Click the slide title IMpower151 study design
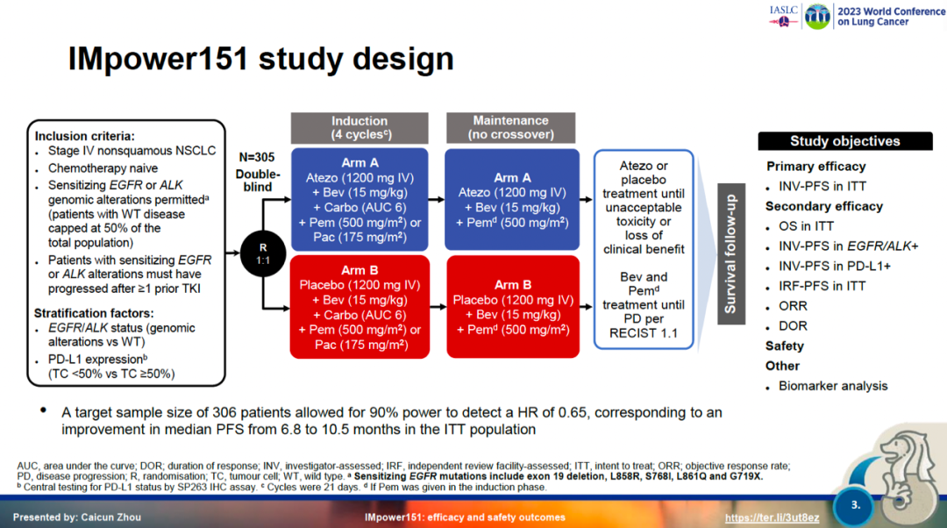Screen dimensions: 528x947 260,59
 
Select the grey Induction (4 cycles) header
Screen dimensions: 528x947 360,127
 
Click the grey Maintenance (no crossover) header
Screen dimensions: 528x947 510,127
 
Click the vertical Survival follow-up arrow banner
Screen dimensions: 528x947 730,254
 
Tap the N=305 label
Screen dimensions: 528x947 257,158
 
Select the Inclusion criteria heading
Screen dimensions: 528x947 85,136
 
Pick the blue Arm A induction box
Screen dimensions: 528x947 360,199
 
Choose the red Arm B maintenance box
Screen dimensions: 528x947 513,307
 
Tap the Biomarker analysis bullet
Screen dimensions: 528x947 833,386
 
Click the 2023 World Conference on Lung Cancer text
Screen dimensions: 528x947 885,17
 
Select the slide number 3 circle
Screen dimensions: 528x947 856,505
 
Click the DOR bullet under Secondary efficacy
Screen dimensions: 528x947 793,326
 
